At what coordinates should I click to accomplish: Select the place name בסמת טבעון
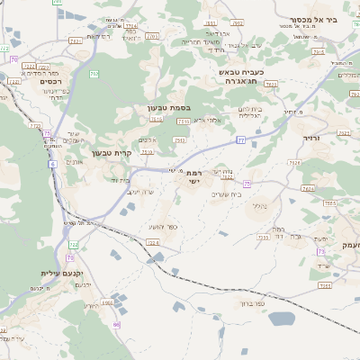[168, 108]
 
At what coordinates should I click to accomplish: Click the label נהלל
[260, 206]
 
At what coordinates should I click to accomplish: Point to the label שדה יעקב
[138, 192]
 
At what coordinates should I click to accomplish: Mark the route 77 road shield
[240, 139]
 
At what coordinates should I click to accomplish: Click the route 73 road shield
[321, 252]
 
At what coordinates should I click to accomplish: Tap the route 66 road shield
[116, 324]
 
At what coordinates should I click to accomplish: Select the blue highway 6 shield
[52, 164]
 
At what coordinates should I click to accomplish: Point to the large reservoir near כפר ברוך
[281, 319]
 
